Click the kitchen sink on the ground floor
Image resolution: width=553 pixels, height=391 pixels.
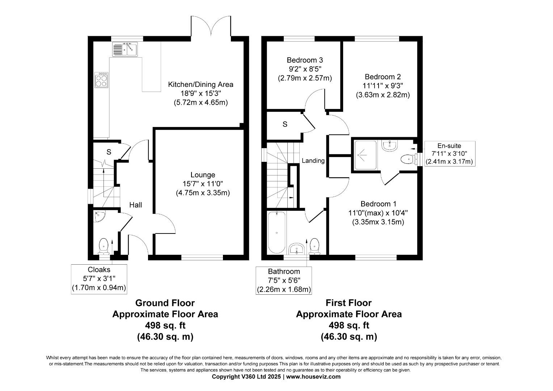coord(125,49)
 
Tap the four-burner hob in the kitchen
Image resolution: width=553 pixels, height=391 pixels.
coord(102,80)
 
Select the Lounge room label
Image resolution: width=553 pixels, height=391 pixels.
coord(203,175)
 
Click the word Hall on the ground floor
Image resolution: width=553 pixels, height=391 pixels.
coord(136,205)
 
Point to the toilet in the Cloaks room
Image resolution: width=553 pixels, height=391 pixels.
coord(104,245)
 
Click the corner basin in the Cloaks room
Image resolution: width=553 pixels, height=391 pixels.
coord(98,216)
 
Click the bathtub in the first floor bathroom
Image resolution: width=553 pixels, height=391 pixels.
coord(276,232)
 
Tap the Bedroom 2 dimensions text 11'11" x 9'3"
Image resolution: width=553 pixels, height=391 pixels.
coord(383,86)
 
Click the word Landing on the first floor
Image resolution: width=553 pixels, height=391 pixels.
coord(313,161)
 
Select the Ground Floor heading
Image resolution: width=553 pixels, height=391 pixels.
coord(165,303)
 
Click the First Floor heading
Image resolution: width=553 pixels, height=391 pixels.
coord(349,303)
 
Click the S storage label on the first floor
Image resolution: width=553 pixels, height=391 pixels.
coord(285,125)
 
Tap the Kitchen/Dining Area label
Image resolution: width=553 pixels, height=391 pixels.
coord(200,84)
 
